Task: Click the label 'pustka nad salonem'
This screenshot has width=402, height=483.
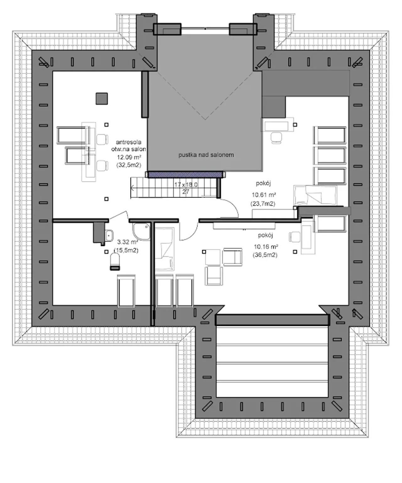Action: tap(206, 155)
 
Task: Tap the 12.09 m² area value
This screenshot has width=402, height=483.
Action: tap(129, 157)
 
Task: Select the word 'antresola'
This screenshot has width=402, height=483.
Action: tap(128, 142)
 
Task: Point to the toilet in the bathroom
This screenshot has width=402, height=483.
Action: tap(115, 262)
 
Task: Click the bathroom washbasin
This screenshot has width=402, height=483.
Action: tap(109, 235)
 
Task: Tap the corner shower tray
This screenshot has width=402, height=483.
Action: tap(141, 231)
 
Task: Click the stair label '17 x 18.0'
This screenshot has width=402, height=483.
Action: tap(186, 185)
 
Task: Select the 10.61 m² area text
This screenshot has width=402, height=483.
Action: tap(264, 195)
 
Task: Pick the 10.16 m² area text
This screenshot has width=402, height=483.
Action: tap(266, 247)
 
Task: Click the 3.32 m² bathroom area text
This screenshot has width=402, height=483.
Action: tap(128, 242)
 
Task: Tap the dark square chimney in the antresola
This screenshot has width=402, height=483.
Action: tap(102, 99)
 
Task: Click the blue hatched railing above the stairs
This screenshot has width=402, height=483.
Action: tap(185, 174)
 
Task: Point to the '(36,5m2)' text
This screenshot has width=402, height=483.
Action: tap(265, 255)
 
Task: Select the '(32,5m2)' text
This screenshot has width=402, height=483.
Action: tap(128, 165)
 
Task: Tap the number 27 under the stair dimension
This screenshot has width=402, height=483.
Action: tap(186, 192)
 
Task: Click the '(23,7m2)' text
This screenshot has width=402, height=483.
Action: tap(263, 204)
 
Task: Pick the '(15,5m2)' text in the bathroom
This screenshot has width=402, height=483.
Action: tap(126, 250)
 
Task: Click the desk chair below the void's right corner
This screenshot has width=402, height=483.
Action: tap(277, 137)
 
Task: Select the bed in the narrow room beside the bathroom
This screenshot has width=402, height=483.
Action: tap(164, 249)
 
